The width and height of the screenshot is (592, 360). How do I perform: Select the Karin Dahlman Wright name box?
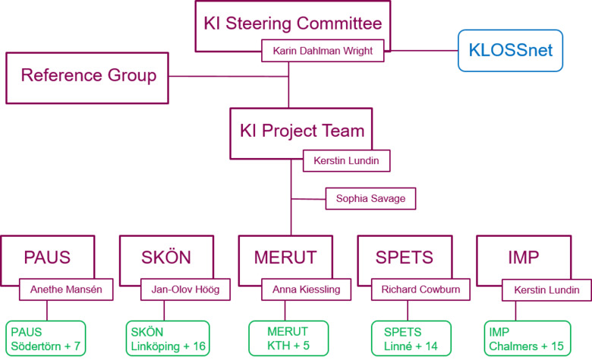point(323,52)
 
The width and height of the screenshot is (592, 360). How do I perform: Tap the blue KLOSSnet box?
point(510,51)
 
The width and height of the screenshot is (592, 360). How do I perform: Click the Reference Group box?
point(87,77)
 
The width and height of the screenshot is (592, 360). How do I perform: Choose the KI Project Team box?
point(301,131)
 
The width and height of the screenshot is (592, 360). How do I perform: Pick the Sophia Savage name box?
point(370,199)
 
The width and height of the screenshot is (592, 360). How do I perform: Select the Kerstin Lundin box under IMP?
point(546,290)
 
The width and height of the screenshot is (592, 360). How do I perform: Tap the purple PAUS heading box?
point(47,257)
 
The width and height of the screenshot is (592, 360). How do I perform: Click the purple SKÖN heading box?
point(166,257)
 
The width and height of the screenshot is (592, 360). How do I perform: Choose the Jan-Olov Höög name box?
point(184,289)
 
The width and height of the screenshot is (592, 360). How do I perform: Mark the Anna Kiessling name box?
point(305,289)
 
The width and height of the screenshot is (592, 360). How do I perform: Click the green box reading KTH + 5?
point(288,339)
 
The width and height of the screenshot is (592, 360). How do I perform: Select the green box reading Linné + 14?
point(411,339)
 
